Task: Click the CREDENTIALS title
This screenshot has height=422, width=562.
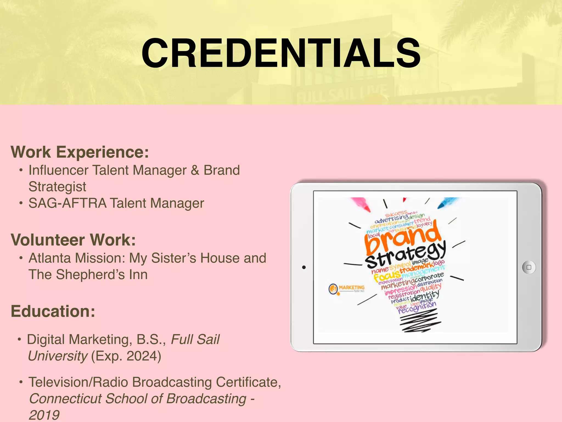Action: pyautogui.click(x=281, y=53)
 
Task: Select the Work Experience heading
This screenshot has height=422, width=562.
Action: pyautogui.click(x=80, y=152)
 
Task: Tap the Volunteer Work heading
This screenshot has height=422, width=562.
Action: pyautogui.click(x=73, y=240)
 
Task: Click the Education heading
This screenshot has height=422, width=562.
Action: pyautogui.click(x=53, y=311)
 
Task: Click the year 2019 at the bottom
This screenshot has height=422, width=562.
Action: pyautogui.click(x=44, y=415)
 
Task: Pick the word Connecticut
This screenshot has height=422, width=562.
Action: pyautogui.click(x=65, y=399)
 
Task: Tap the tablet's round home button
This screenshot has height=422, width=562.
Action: pyautogui.click(x=529, y=267)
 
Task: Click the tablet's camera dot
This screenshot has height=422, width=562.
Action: pyautogui.click(x=304, y=267)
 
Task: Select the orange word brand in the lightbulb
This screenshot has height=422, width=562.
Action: pyautogui.click(x=403, y=238)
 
